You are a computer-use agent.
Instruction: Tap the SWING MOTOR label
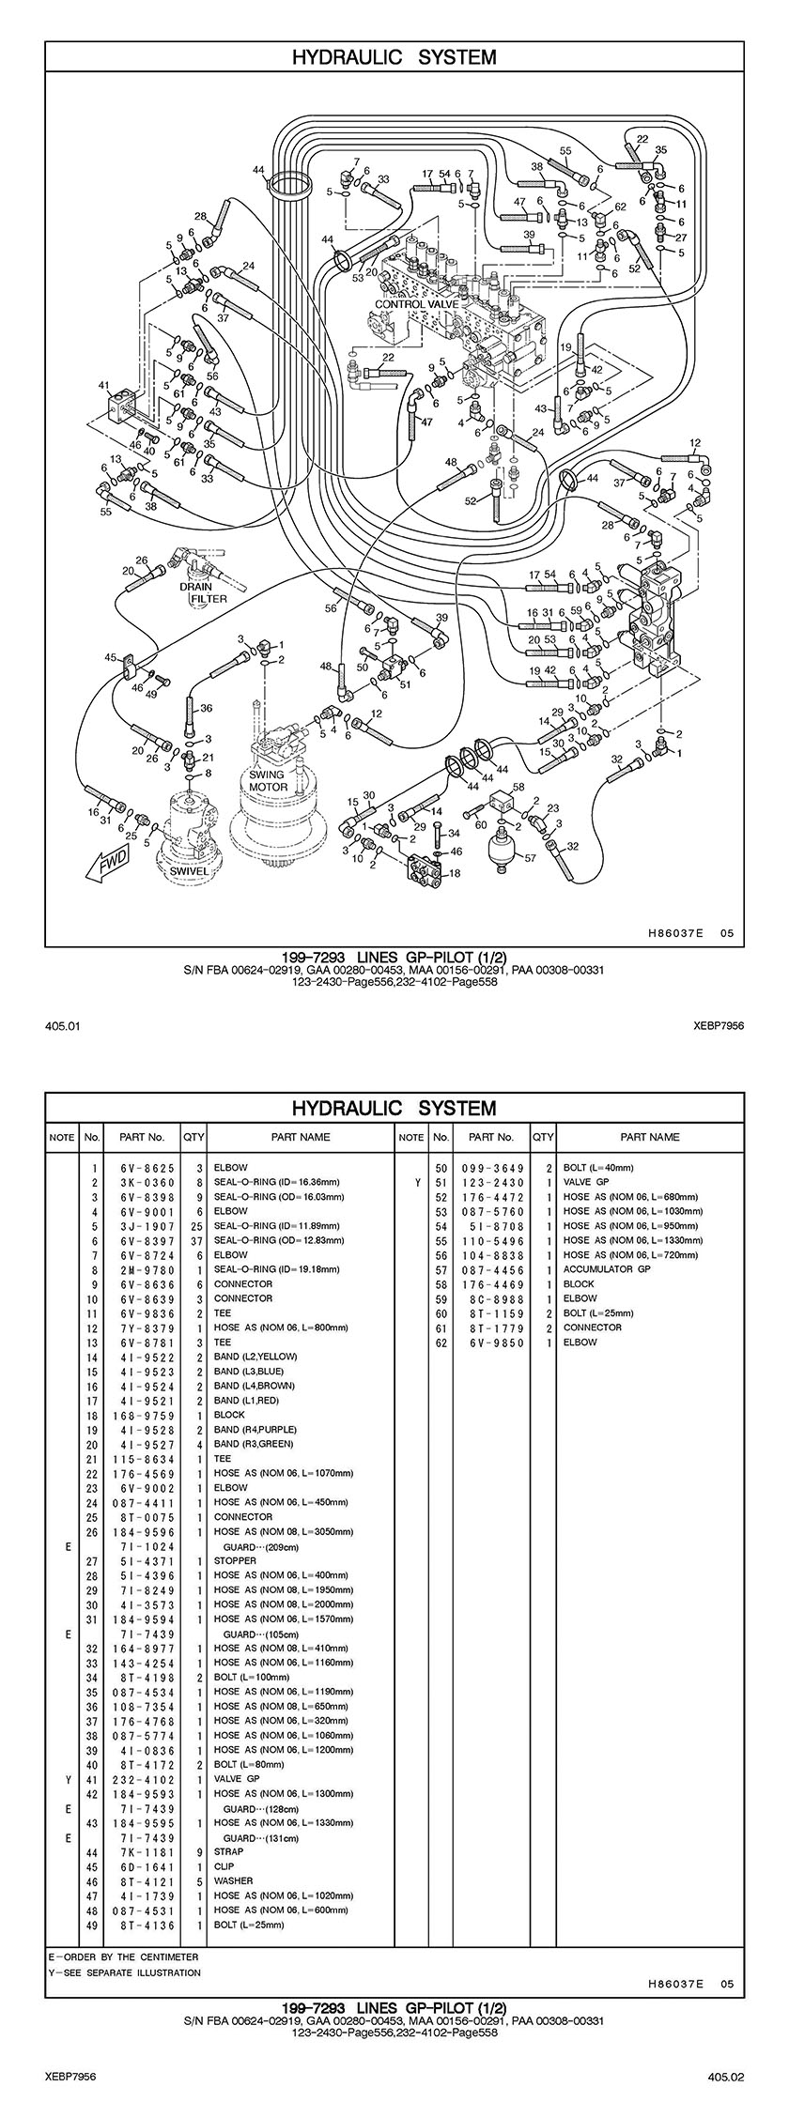click(268, 780)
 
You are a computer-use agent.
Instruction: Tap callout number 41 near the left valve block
click(103, 386)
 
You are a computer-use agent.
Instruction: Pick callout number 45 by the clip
click(110, 656)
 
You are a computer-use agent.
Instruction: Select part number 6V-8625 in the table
click(141, 1168)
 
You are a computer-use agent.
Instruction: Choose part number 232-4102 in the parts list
click(141, 1778)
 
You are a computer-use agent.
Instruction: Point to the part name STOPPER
click(235, 1560)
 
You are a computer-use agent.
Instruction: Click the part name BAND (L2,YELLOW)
click(255, 1357)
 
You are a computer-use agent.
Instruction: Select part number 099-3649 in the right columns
click(492, 1168)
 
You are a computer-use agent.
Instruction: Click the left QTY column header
click(193, 1137)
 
